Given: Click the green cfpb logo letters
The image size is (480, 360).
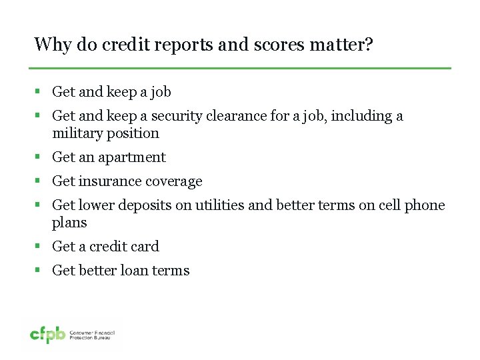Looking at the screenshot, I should point(48,335).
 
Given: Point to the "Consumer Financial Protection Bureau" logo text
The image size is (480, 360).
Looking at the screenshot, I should point(93,335).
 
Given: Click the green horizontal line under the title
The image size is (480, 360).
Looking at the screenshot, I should point(240,68).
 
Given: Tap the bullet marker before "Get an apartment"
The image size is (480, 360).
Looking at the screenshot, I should point(38,157).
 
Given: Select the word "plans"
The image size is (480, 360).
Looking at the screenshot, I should point(69,223).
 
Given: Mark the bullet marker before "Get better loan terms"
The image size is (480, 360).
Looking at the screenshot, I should point(38,271).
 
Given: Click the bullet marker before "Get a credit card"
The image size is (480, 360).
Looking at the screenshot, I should point(38,247).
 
